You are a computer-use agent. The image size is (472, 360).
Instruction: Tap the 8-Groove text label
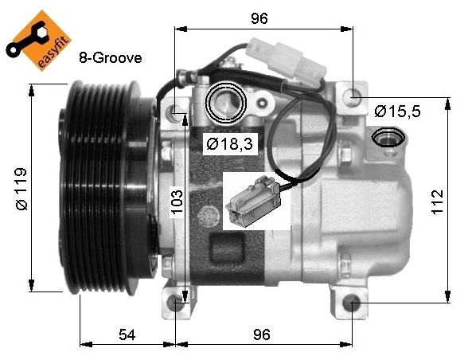(x=110, y=58)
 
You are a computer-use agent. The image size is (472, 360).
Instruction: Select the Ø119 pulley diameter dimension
(x=21, y=188)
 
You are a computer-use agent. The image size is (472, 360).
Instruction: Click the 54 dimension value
(x=127, y=335)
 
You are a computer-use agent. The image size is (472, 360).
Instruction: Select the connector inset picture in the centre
(x=256, y=200)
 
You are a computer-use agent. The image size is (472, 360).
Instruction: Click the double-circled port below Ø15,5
(x=389, y=138)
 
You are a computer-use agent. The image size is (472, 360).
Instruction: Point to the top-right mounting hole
(x=351, y=96)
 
